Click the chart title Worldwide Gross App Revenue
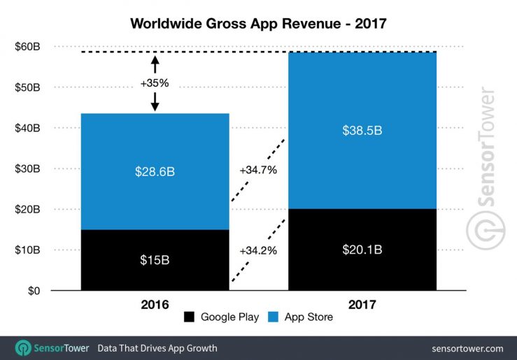pos(258,23)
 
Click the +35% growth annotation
pos(155,82)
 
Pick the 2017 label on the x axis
pos(362,305)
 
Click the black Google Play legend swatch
pos(189,317)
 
